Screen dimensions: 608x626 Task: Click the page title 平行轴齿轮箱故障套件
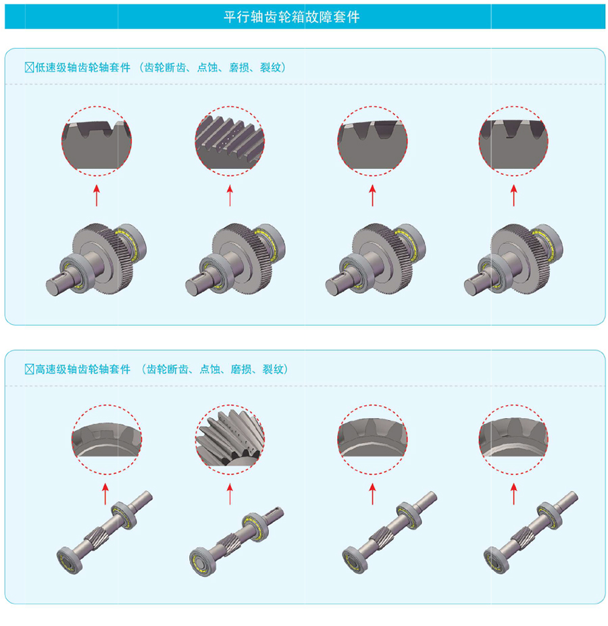pos(292,17)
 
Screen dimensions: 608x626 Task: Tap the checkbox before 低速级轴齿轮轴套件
pos(29,68)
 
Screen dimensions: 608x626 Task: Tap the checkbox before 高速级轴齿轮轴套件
pos(29,369)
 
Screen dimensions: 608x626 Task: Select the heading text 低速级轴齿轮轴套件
pos(82,68)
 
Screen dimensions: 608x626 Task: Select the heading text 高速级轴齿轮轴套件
pos(82,369)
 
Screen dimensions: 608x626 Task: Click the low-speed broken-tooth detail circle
pos(97,141)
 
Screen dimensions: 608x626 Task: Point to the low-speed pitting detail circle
pos(230,141)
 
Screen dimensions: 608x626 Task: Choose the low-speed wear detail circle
pos(372,141)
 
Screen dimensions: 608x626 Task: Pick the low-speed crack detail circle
pos(513,141)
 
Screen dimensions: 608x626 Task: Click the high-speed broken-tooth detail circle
pos(106,440)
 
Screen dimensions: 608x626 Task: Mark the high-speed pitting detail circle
pos(230,440)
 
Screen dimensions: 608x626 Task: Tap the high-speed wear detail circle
pos(372,440)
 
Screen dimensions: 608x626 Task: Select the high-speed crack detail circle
pos(513,440)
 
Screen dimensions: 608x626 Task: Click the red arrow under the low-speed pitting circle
pos(230,195)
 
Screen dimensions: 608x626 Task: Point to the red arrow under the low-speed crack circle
pos(513,195)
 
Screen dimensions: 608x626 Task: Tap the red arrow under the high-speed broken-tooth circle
pos(105,494)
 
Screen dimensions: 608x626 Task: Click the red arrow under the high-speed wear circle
pos(372,494)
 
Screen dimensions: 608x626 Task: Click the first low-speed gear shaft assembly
pos(96,259)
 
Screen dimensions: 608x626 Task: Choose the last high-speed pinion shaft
pos(531,532)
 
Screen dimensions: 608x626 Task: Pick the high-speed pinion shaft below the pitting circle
pos(236,541)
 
